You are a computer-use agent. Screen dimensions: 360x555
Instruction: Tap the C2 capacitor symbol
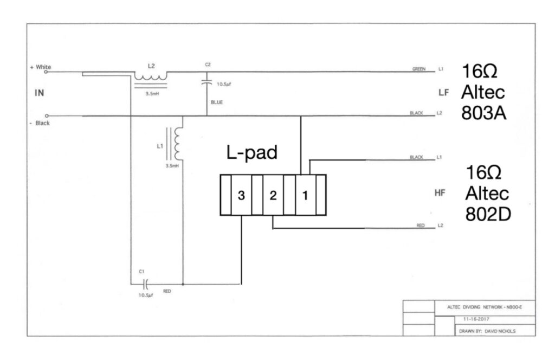point(207,82)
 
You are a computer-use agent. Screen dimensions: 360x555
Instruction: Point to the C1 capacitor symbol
point(145,283)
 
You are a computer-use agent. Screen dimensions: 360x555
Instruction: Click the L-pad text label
point(251,153)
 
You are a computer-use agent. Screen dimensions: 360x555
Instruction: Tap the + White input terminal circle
point(47,70)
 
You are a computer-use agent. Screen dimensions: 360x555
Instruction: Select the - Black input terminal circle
point(47,115)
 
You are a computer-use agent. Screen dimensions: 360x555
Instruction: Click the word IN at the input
point(39,93)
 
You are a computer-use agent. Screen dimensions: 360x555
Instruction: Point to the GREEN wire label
point(419,69)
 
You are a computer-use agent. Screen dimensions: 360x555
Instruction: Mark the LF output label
point(444,93)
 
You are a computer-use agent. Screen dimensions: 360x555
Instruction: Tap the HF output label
point(440,193)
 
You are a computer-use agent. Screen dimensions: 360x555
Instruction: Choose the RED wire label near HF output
point(420,224)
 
